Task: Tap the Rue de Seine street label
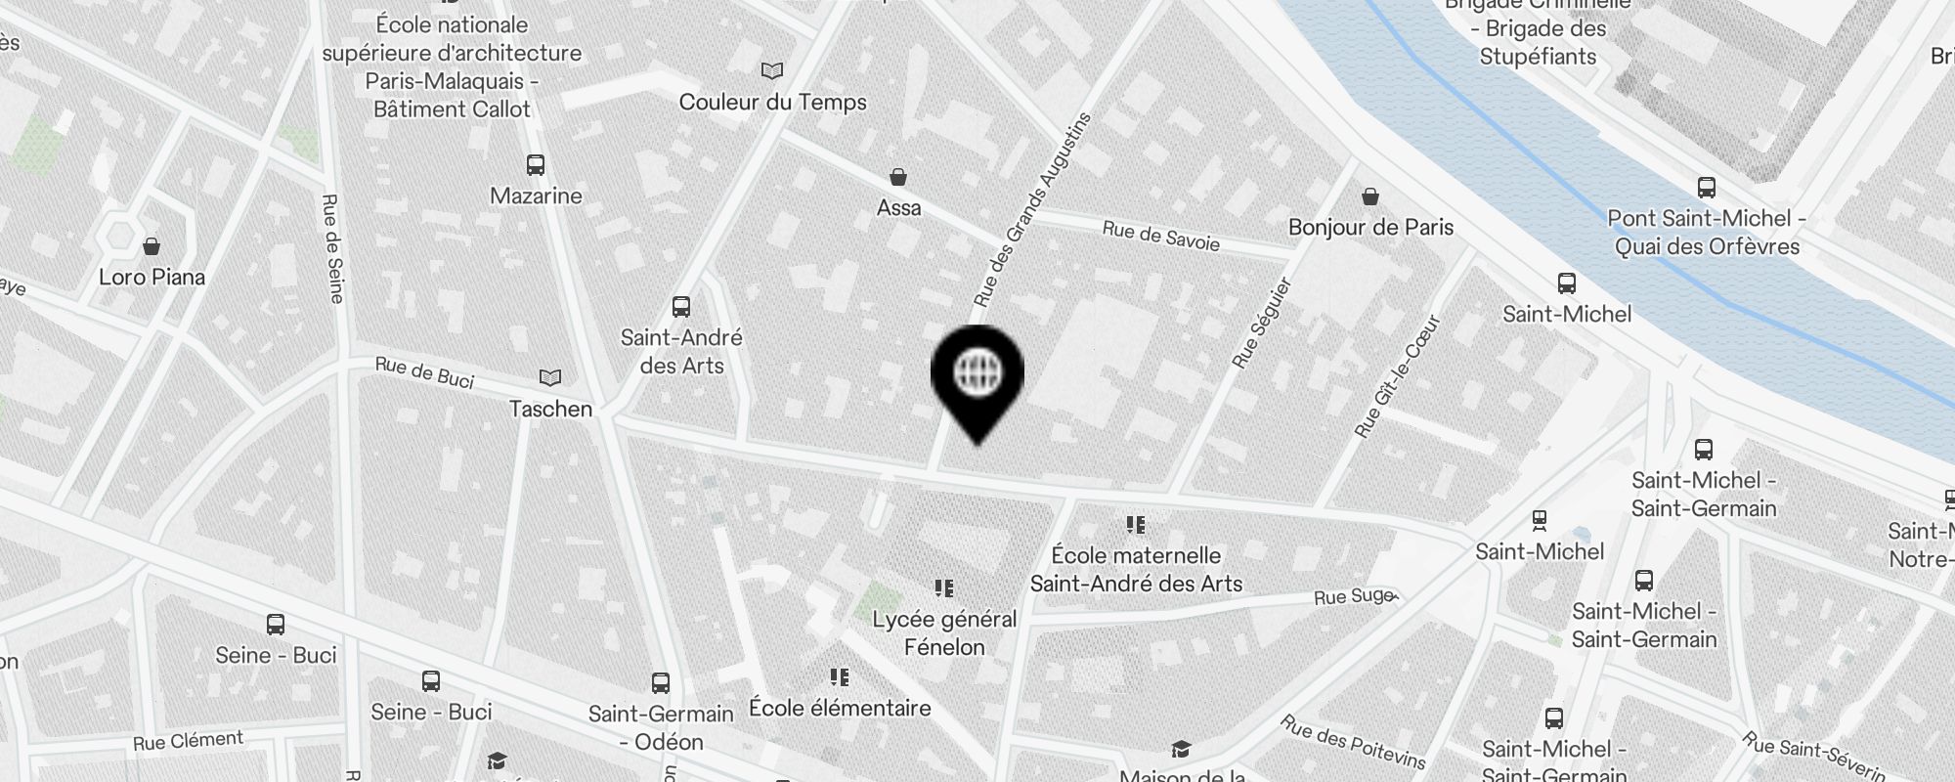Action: pos(332,248)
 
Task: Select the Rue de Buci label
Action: pos(424,372)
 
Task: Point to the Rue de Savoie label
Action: pos(1160,236)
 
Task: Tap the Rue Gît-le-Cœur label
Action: pos(1398,375)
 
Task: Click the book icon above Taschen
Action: pos(550,377)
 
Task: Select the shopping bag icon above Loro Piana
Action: pos(152,245)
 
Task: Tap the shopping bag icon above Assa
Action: pos(897,177)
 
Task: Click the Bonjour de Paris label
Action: pos(1370,228)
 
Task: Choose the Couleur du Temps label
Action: pos(772,102)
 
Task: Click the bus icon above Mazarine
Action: pos(535,164)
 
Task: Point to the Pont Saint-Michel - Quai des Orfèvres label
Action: pos(1707,233)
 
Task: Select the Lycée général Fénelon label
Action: pos(944,632)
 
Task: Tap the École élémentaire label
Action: pos(840,708)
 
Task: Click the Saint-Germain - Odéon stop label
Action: pos(661,727)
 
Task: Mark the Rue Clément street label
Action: pos(188,741)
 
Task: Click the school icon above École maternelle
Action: pos(1135,525)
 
